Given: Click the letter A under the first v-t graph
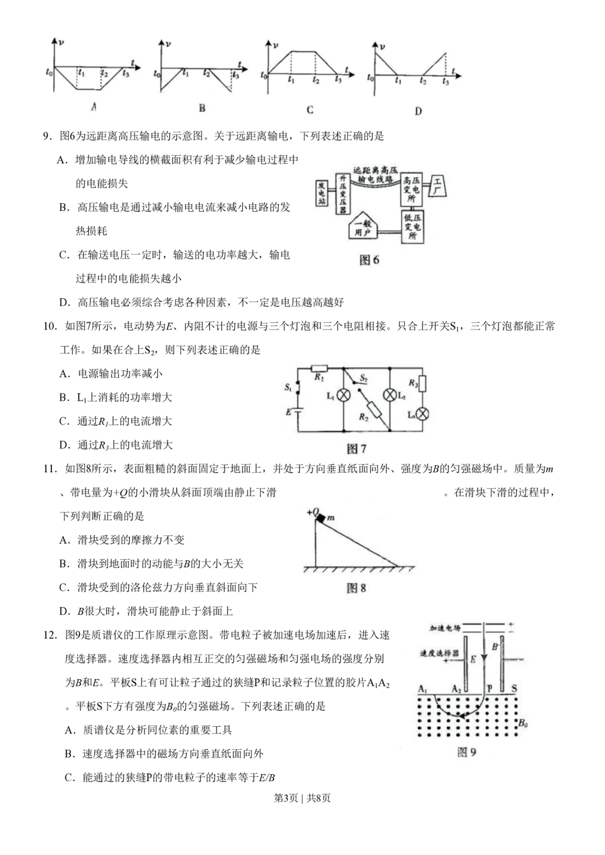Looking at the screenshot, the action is click(94, 107).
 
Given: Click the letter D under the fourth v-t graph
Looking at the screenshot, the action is click(418, 111).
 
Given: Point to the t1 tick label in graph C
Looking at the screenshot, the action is click(291, 80).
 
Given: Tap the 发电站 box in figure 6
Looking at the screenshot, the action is click(322, 193).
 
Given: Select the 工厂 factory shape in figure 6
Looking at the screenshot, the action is click(437, 186).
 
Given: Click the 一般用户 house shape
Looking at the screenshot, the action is click(362, 226).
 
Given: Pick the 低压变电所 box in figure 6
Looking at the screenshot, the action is click(413, 227).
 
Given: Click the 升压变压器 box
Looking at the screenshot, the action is click(343, 194).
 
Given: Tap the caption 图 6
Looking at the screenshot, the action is click(369, 261).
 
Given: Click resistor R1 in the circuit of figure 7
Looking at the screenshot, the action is click(319, 368).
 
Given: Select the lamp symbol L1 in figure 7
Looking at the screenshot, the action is click(344, 395).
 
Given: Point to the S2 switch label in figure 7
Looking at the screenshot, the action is click(364, 379).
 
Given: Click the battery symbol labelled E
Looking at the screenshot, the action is click(298, 411).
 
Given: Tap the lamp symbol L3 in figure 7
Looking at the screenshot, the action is click(422, 414).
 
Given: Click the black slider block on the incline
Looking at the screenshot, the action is click(321, 518).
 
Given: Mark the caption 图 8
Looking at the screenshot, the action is click(356, 588).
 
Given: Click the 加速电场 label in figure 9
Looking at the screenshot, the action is click(445, 628).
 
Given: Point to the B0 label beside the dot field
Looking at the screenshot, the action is click(523, 723).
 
